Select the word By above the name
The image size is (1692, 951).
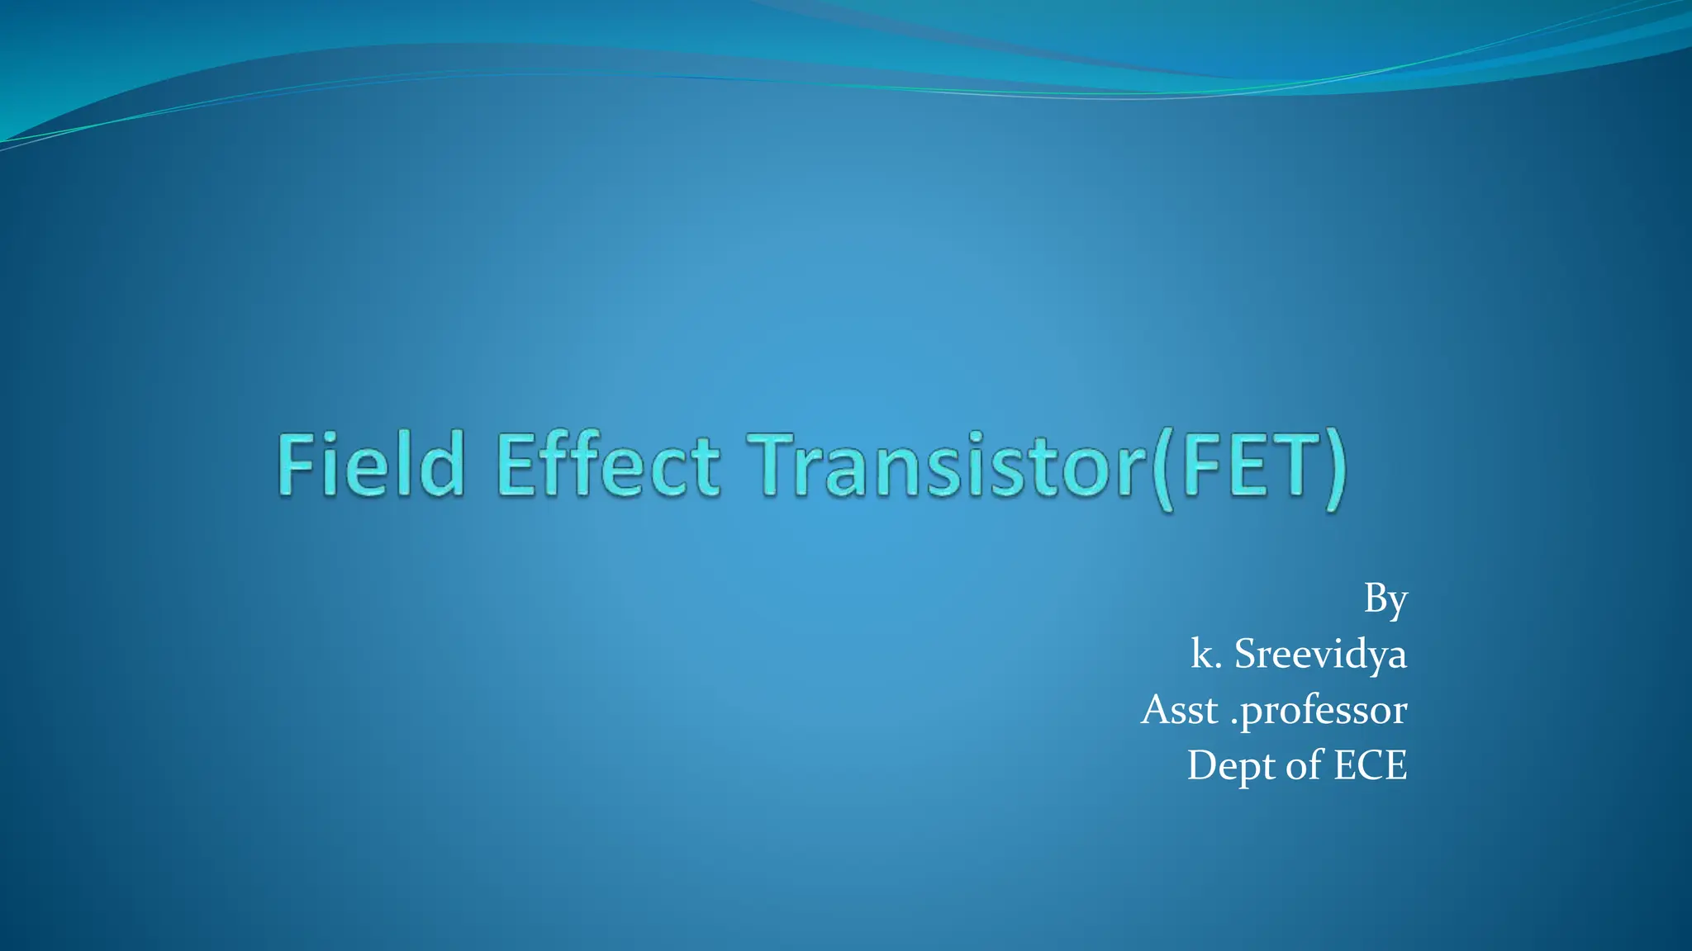point(1385,599)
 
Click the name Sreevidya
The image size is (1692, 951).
point(1320,654)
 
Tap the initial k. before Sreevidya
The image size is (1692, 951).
point(1205,654)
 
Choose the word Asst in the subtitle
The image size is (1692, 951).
point(1180,709)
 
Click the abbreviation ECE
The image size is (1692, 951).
point(1371,764)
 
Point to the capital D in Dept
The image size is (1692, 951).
point(1203,764)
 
